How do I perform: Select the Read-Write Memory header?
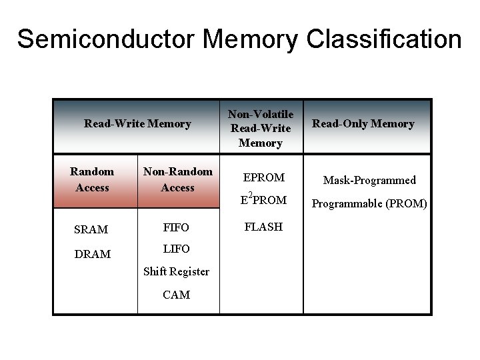coord(137,123)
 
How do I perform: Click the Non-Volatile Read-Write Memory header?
coord(261,129)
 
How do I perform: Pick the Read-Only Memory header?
coord(363,123)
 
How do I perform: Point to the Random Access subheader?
coord(92,179)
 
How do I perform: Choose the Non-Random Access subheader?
coord(178,179)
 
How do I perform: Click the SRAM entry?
coord(91,229)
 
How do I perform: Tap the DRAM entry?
coord(93,254)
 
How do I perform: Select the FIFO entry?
coord(176,227)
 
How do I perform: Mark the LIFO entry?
coord(176,249)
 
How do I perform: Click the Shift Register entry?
coord(177,271)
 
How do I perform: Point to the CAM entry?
coord(176,295)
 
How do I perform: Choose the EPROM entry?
coord(264,177)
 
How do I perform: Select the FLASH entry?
coord(263,227)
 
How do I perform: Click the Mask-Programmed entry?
coord(369,180)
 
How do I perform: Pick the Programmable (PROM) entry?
coord(369,203)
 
